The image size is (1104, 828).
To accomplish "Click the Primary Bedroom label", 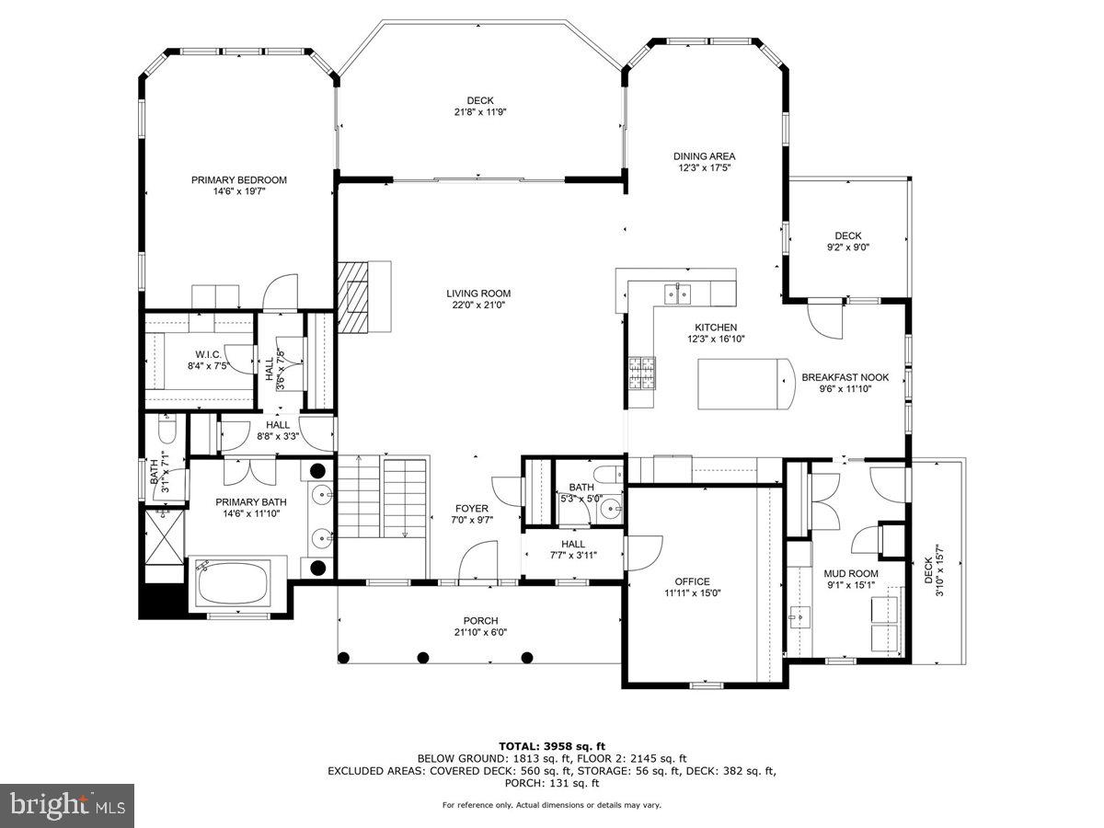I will coord(238,180).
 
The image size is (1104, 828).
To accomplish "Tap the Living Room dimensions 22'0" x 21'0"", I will coord(478,305).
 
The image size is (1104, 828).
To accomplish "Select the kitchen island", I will coord(744,385).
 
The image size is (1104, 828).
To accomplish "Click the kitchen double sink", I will coord(679,293).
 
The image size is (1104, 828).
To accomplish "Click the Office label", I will coord(692,581).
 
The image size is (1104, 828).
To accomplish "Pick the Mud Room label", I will coord(851,573).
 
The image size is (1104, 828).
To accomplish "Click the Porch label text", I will coord(480,620).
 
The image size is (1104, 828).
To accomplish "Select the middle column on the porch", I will coord(423,657).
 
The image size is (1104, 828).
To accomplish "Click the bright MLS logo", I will coord(67,805).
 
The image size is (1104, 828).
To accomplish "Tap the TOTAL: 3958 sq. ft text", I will coord(551,746).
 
